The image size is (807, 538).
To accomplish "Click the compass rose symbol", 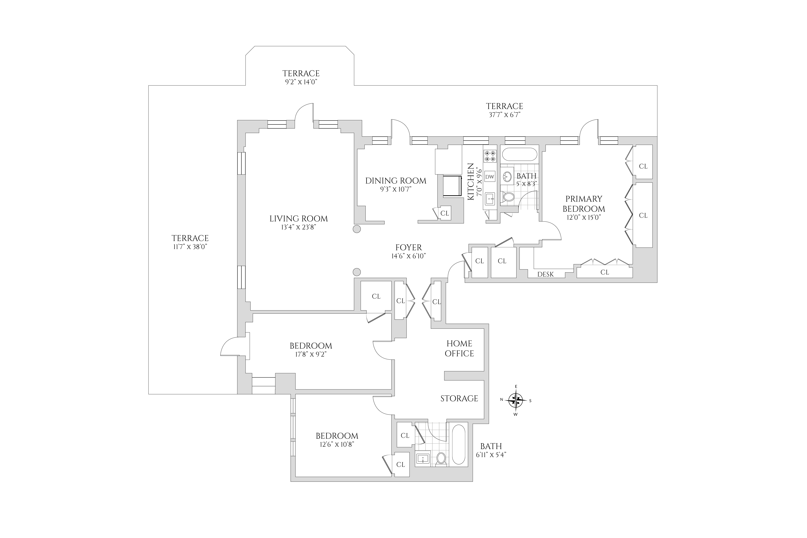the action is pos(516,400).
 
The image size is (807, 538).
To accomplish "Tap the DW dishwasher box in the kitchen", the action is pos(490,177).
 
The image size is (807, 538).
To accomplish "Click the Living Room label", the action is pos(299,219).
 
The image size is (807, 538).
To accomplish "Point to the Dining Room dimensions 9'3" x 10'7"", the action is pos(396,189).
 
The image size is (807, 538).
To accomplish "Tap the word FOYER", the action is pos(408,247).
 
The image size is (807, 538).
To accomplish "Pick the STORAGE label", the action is pos(459,398).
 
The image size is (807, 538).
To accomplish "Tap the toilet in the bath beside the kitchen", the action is pos(508,197).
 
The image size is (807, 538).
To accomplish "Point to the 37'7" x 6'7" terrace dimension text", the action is pos(504,115).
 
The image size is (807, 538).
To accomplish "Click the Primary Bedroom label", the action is pos(584,204).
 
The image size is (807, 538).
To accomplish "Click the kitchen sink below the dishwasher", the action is pos(490,199).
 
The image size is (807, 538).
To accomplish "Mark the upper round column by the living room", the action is pos(357,229).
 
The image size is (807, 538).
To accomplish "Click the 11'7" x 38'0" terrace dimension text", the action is pos(190,247).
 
